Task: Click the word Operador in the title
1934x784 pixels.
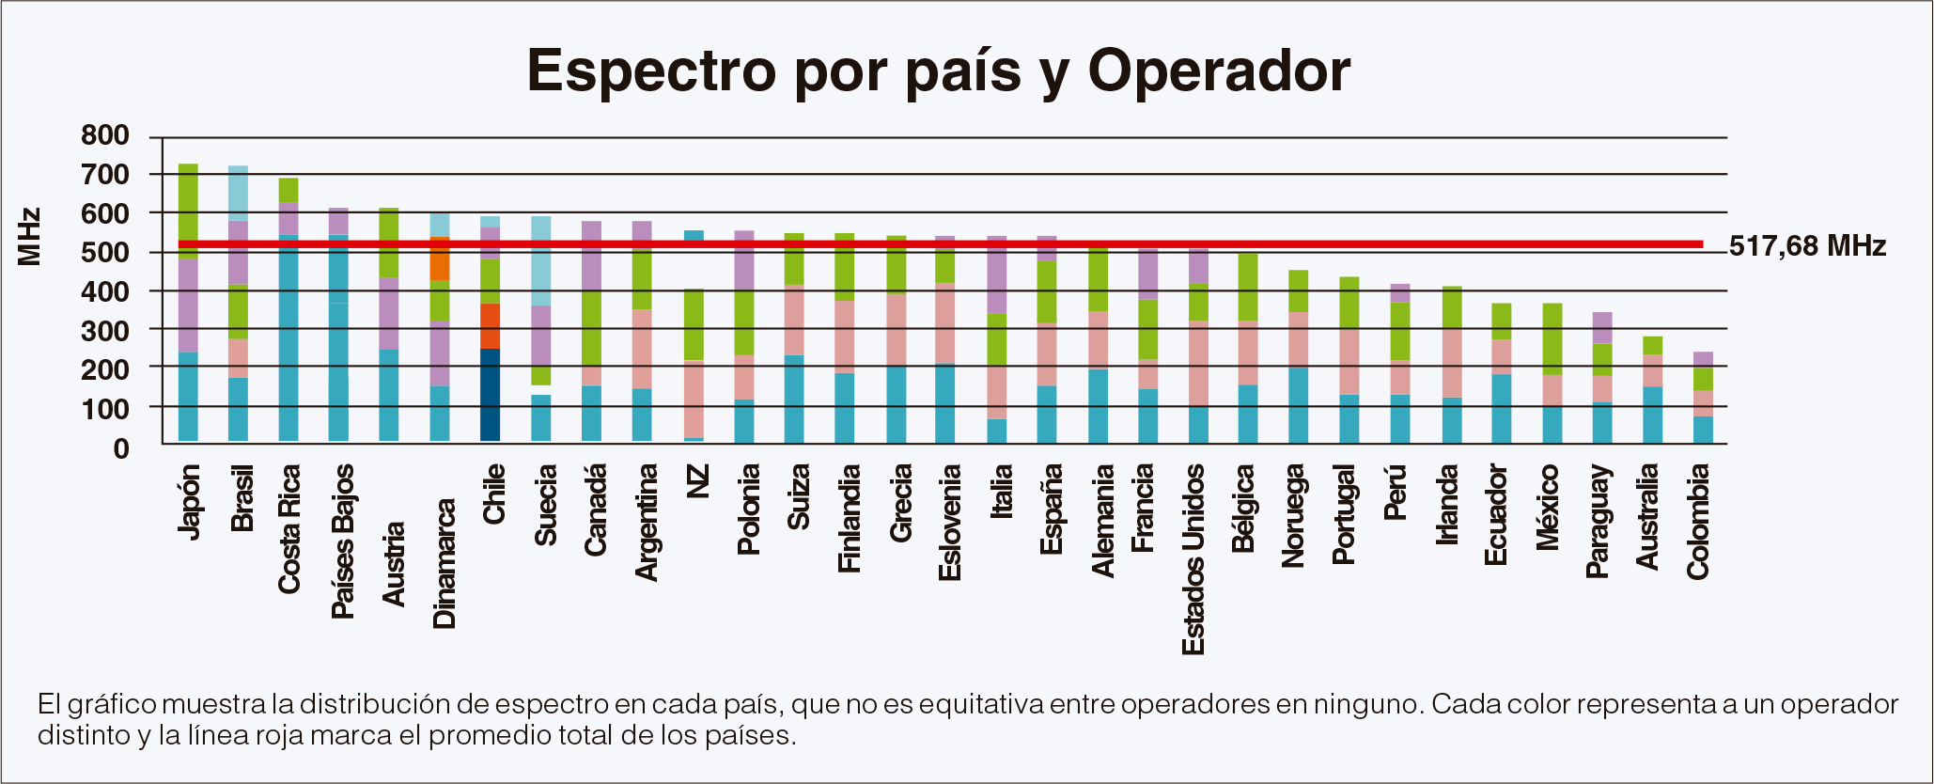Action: click(1218, 71)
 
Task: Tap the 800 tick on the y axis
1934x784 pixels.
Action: click(105, 135)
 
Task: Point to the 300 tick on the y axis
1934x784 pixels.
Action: click(105, 331)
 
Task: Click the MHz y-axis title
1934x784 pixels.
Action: click(30, 237)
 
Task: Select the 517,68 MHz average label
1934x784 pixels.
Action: click(1807, 246)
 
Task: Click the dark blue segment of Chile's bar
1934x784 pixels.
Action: click(491, 395)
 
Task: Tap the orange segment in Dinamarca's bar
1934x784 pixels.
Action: click(440, 259)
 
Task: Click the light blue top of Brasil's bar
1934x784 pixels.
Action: click(239, 193)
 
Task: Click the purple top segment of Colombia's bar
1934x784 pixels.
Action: click(1703, 359)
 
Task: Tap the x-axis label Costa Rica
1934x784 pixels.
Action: click(289, 528)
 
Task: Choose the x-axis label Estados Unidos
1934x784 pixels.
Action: click(1193, 559)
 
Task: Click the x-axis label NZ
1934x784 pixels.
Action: click(696, 481)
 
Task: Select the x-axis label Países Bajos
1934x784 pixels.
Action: click(343, 541)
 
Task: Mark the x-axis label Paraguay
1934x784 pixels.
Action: click(1599, 521)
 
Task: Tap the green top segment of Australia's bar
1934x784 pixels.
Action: click(1652, 345)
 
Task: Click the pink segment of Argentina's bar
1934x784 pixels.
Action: click(642, 349)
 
